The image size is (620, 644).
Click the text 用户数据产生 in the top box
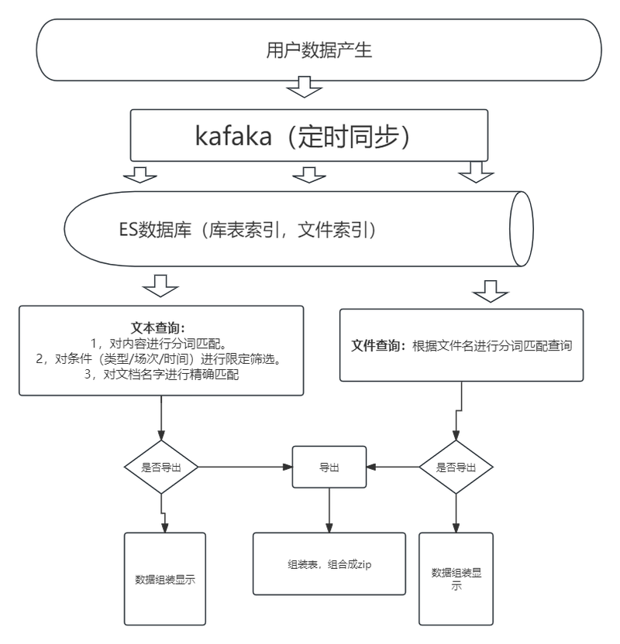click(319, 50)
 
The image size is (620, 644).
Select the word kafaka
click(233, 135)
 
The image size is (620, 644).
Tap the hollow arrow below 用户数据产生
click(305, 87)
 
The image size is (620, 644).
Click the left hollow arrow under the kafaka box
click(139, 175)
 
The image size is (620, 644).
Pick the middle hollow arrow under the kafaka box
click(309, 175)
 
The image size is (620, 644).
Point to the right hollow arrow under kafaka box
click(476, 172)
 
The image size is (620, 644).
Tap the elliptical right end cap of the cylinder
click(522, 229)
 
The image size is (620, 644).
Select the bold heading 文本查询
click(158, 327)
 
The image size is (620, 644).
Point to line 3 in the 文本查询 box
click(161, 374)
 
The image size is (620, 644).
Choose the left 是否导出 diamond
click(161, 467)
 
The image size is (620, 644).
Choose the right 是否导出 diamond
click(456, 467)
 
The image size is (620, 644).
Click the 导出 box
click(329, 467)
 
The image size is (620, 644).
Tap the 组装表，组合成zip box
click(329, 564)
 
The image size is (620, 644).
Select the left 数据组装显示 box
click(165, 579)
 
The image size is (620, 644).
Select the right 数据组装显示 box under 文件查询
click(456, 579)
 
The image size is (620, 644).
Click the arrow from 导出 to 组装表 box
click(329, 511)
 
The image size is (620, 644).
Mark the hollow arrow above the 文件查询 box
click(491, 292)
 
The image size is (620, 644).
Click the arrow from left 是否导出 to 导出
click(246, 467)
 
